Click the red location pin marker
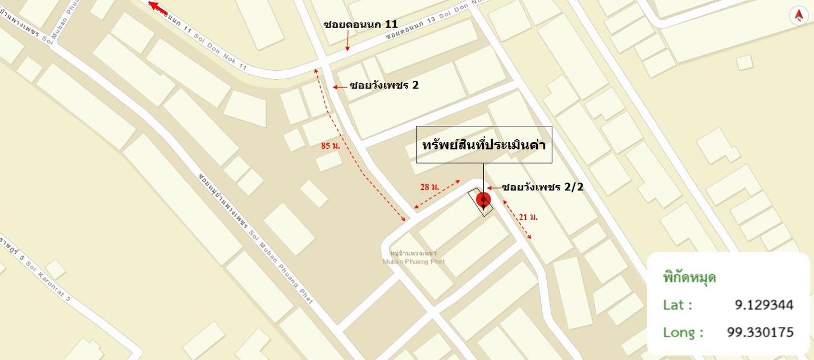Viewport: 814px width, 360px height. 483,200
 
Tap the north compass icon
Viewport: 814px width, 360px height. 798,16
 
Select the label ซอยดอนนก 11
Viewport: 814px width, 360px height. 360,24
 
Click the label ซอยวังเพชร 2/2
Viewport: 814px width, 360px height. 542,187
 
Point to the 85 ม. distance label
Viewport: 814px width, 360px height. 331,145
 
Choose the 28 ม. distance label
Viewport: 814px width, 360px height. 429,187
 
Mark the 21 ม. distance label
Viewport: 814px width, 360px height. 528,217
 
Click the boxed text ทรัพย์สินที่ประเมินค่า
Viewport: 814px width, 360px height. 484,144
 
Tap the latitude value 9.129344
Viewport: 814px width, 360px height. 764,305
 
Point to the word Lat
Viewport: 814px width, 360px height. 677,305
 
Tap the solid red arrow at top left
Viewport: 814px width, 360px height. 159,7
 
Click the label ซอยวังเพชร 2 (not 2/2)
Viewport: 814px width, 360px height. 384,85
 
